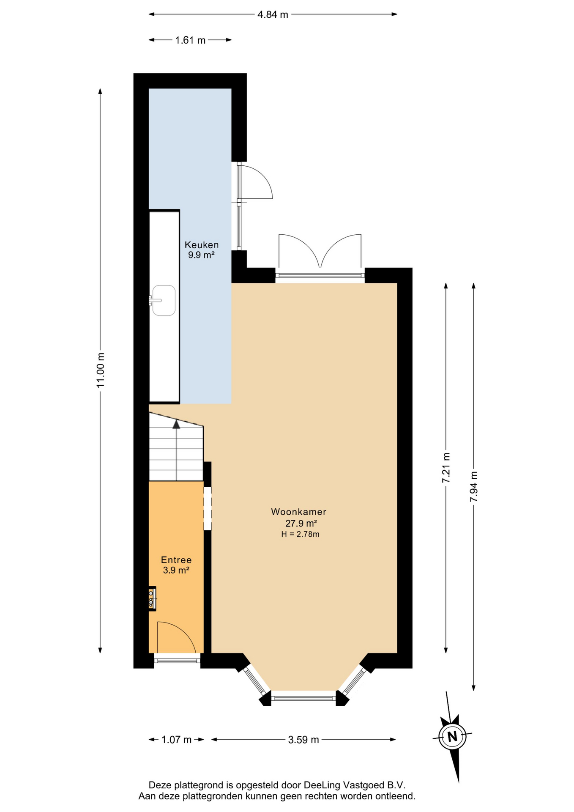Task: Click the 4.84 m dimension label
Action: [x=273, y=14]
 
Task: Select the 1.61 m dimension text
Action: [x=190, y=40]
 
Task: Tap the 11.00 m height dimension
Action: [x=100, y=370]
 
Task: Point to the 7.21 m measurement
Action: [x=446, y=467]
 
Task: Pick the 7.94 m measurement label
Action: [x=473, y=486]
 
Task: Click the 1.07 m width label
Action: [x=176, y=740]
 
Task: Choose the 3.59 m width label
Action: [x=303, y=740]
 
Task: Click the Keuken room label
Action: [x=202, y=245]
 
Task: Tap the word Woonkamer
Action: [x=299, y=512]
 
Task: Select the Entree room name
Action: [x=176, y=560]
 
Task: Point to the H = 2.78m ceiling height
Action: [x=300, y=534]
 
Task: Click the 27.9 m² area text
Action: [x=301, y=524]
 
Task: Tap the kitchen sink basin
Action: [x=164, y=300]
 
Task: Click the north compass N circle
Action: [x=452, y=736]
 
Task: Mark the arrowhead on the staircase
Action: [x=176, y=424]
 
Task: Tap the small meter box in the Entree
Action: [x=152, y=598]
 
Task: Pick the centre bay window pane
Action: [x=303, y=698]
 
